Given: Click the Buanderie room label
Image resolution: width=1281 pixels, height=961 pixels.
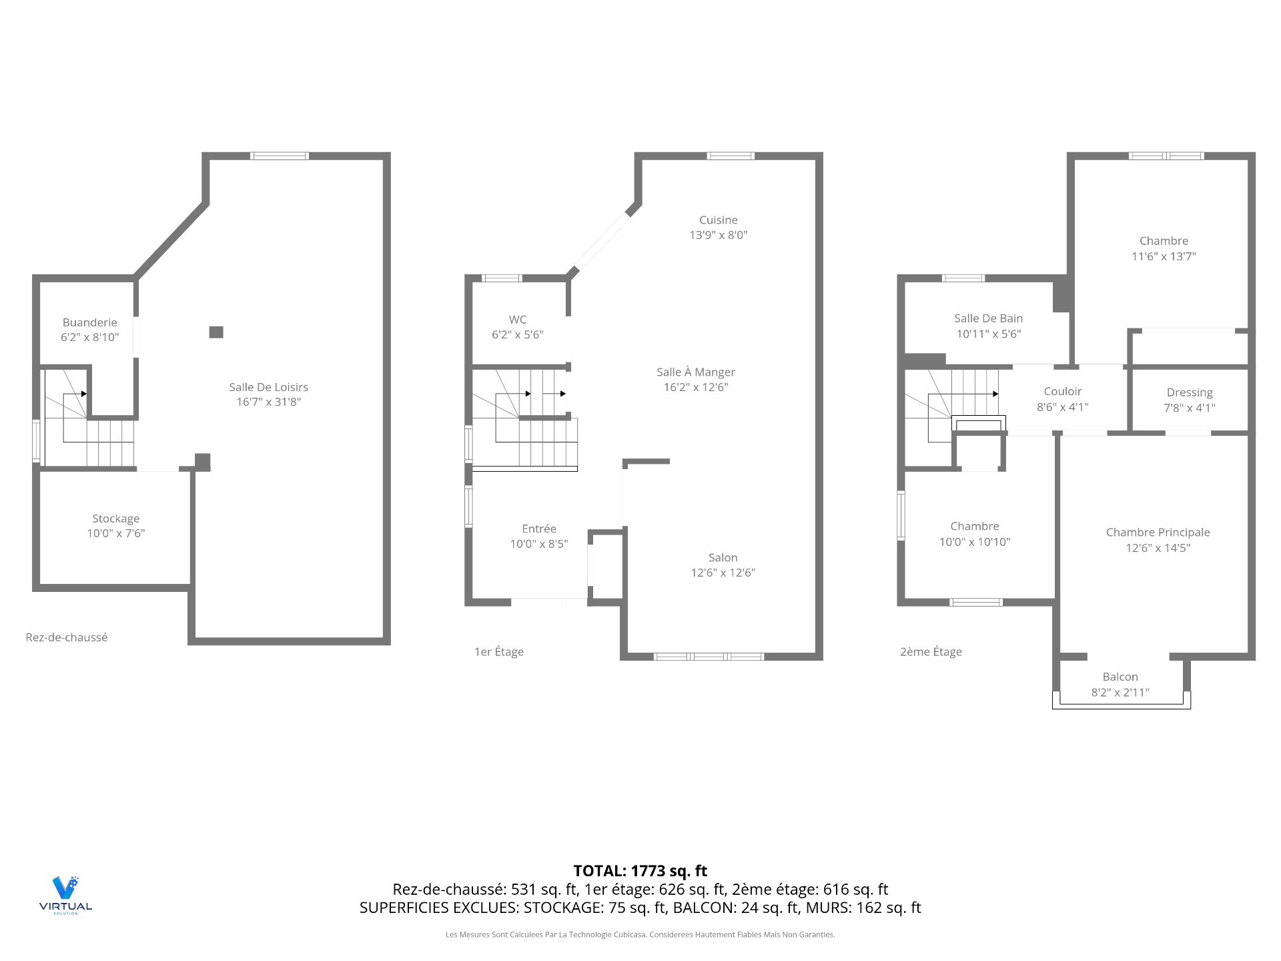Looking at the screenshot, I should [89, 322].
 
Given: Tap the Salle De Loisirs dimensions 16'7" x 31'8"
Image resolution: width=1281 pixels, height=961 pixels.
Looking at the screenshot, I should [268, 402].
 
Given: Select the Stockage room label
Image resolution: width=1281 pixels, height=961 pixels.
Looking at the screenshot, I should [115, 519].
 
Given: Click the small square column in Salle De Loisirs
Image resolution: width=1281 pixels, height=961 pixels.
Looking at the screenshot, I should [216, 332].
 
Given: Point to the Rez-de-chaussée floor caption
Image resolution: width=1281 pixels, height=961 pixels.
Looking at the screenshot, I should [66, 637].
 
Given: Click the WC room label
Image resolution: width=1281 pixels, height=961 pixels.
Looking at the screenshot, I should [518, 320].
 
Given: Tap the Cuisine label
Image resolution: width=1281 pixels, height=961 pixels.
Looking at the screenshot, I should [718, 220].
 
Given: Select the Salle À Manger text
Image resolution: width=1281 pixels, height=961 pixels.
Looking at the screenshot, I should [695, 372].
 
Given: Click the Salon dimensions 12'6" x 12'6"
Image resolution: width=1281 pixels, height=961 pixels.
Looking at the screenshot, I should [723, 573].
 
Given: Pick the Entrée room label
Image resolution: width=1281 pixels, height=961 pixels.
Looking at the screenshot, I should [538, 529].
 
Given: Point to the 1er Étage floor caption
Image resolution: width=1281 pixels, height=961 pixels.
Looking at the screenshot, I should [498, 652].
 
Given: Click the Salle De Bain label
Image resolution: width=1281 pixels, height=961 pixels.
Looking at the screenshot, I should [988, 318].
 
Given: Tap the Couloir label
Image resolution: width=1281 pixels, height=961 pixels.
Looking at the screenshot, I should [1062, 391].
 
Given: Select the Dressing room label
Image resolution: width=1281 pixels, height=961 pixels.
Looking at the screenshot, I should [1189, 392].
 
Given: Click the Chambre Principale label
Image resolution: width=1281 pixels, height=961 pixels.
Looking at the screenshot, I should [1157, 532].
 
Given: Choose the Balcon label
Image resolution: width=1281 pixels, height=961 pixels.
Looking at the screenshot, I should [1120, 677].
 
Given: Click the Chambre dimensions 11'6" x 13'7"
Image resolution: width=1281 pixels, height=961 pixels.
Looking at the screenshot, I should [1163, 256].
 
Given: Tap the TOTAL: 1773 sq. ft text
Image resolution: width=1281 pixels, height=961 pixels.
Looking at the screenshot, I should [640, 871].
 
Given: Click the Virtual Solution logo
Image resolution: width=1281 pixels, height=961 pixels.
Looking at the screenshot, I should [65, 894].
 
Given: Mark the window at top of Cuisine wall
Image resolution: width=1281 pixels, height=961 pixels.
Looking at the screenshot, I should [731, 156].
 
